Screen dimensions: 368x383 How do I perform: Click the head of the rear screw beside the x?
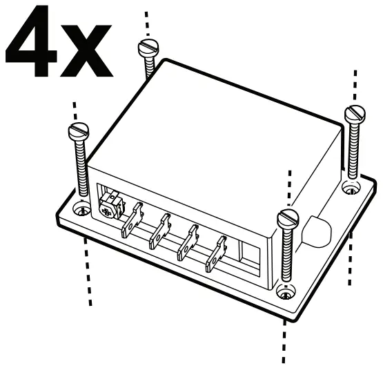[148, 48]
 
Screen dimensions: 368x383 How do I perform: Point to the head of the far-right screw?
[355, 112]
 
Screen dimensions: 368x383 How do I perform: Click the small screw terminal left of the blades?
[108, 203]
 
